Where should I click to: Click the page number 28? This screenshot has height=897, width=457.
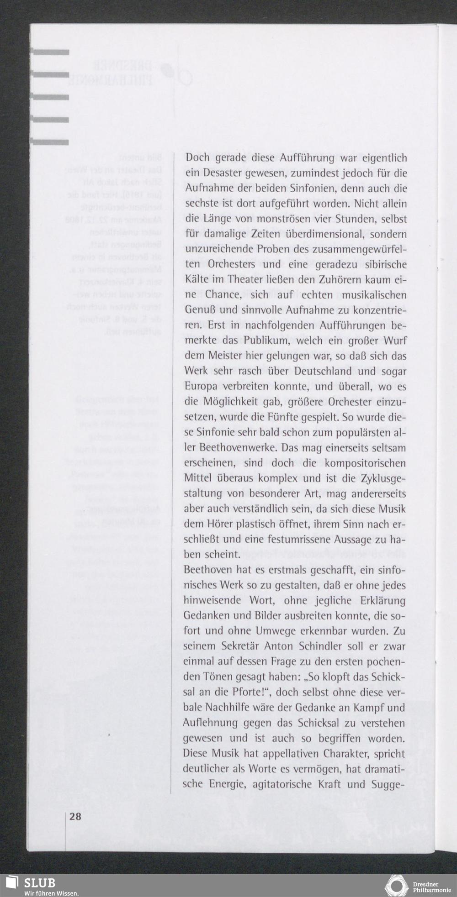point(75,817)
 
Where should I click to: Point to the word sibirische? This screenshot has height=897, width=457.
point(382,265)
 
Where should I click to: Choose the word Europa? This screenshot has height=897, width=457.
point(201,388)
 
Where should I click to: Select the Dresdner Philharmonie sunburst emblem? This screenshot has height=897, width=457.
point(396,886)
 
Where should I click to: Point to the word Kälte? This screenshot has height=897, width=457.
point(197,280)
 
